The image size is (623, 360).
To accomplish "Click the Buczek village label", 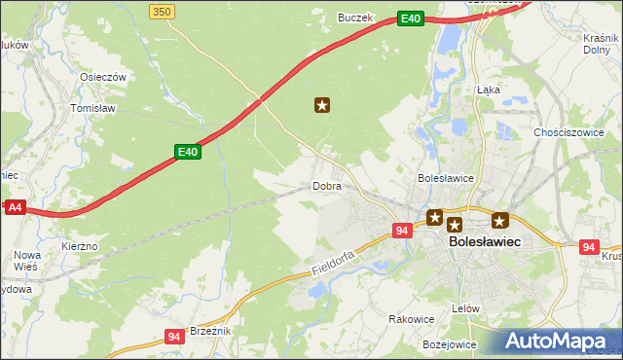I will click(355, 17).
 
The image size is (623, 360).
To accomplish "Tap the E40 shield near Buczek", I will click(411, 18).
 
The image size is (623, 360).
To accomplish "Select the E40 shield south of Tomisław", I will click(188, 152).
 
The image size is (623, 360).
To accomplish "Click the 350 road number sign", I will click(163, 11).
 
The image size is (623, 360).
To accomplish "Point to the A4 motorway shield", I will click(14, 207).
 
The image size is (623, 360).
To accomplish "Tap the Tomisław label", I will click(93, 108).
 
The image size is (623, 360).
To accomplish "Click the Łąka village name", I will click(489, 89).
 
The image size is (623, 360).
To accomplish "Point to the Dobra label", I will click(327, 185).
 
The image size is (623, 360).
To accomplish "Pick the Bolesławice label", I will click(445, 178).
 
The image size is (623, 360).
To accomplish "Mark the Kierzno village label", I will click(79, 246).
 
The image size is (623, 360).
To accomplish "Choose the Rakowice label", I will click(411, 318).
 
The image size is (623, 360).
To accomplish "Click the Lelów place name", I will click(466, 308).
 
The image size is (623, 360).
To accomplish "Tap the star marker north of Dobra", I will click(323, 105).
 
